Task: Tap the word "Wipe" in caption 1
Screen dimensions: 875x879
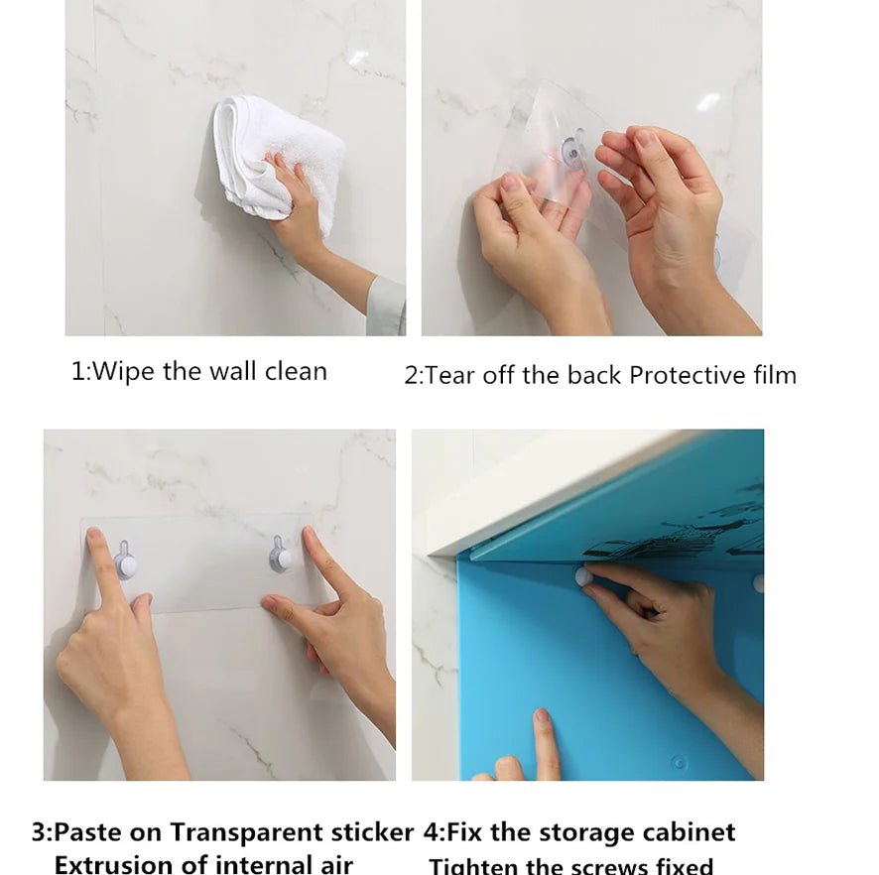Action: coord(125,372)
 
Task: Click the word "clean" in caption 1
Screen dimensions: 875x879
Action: coord(296,372)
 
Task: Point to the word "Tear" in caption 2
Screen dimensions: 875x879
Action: coord(451,375)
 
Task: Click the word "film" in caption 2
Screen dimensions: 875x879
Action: coord(775,375)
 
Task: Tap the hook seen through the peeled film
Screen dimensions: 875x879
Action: coord(573,152)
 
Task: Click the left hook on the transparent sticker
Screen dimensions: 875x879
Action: coord(125,562)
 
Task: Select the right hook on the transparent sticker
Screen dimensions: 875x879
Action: coord(282,557)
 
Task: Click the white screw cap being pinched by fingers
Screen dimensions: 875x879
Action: coord(583,576)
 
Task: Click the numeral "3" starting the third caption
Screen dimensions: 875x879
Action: coord(39,831)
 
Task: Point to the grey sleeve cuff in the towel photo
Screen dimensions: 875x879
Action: coord(388,307)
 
